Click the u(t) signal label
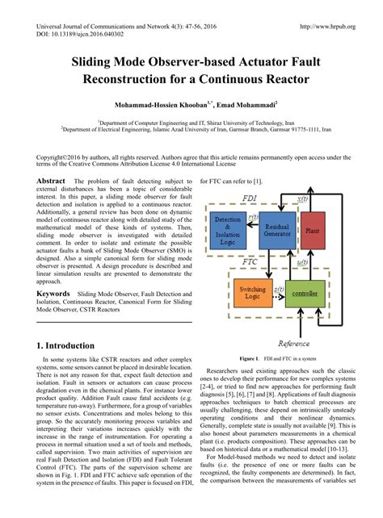coord(303,261)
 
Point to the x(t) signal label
coord(302,198)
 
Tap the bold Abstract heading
coord(51,182)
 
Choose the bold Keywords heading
coord(53,295)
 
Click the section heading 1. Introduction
coord(72,345)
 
